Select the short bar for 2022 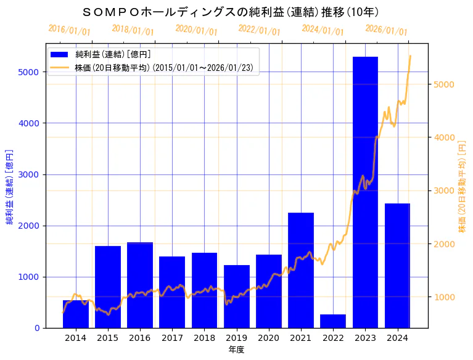(333, 321)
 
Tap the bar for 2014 (76, 314)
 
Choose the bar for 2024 (397, 265)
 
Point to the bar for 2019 (237, 297)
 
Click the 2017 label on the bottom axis (172, 338)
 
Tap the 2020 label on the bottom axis (269, 338)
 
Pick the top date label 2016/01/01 (70, 30)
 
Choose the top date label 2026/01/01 (386, 30)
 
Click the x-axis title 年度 (236, 350)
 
